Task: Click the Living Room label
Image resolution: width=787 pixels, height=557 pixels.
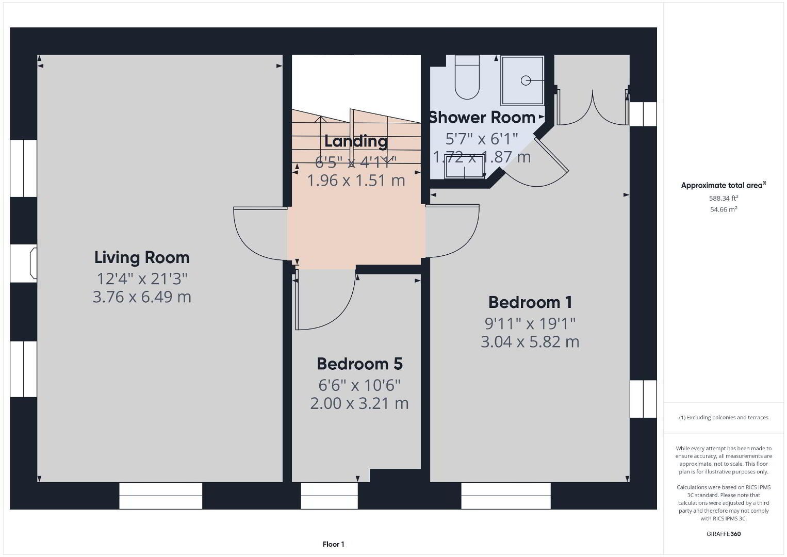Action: [142, 257]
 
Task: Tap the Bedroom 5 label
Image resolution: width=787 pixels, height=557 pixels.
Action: [359, 364]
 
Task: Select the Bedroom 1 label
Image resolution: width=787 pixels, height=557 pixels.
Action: [530, 302]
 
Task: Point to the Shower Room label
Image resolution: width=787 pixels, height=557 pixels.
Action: [482, 118]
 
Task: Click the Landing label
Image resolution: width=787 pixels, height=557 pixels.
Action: [356, 141]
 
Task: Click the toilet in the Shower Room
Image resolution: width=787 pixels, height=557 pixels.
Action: [467, 77]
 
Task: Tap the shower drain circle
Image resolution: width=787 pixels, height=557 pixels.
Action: [526, 80]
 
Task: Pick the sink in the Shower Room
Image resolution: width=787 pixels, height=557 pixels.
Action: [465, 171]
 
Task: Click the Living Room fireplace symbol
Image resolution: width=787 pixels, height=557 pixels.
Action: [34, 263]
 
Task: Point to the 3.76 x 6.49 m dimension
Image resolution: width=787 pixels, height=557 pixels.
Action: [142, 297]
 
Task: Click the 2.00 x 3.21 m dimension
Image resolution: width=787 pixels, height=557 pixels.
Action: [359, 403]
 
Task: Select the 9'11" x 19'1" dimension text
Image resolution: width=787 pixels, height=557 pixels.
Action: [530, 324]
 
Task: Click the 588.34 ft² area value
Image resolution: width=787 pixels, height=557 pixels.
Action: [724, 198]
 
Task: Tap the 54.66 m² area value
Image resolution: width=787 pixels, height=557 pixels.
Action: [724, 209]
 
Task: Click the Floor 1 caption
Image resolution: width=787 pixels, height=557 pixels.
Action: [334, 544]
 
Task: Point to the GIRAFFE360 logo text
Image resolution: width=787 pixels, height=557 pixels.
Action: [724, 534]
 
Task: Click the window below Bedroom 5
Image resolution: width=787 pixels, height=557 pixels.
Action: [329, 496]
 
